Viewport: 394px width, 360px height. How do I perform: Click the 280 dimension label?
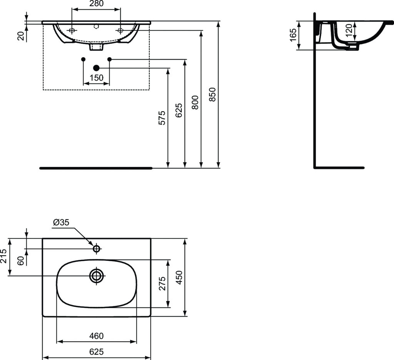(x=96, y=4)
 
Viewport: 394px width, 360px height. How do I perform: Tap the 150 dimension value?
(x=96, y=78)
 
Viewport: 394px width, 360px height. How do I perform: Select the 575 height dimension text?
(x=162, y=118)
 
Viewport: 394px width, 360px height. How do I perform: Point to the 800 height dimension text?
(x=195, y=103)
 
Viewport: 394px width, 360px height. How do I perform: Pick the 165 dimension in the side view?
(x=293, y=35)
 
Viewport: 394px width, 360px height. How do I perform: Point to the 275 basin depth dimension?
(x=162, y=284)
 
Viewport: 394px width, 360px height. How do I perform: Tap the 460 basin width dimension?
(x=96, y=336)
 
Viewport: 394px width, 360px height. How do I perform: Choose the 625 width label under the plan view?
(x=96, y=352)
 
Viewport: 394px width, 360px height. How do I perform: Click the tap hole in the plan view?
(x=96, y=249)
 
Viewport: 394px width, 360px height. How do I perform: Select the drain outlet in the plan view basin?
(x=96, y=275)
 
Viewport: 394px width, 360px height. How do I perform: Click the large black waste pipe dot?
(x=96, y=68)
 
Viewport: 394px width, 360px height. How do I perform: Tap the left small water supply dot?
(x=83, y=59)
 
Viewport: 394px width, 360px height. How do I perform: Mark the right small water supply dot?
(x=109, y=59)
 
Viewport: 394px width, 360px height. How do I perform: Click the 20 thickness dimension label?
(x=21, y=35)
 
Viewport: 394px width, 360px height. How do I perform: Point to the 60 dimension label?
(x=21, y=260)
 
